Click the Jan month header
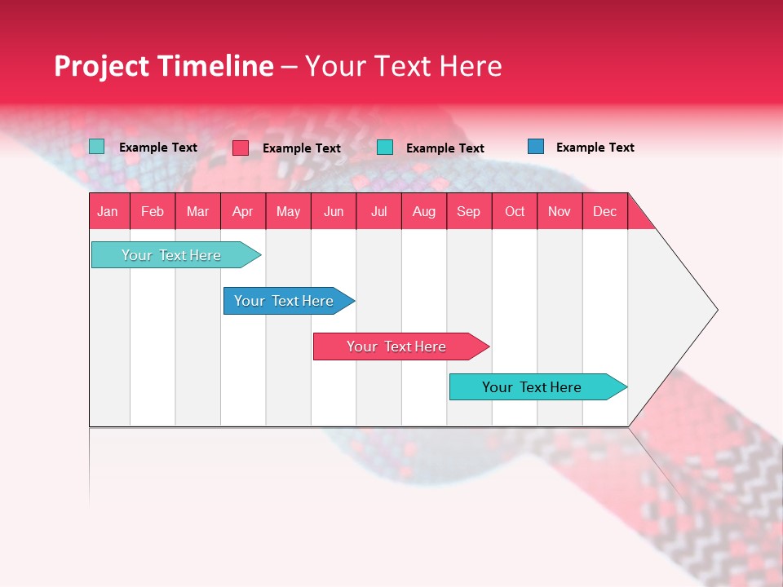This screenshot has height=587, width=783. (x=108, y=211)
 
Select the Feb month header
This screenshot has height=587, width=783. (x=153, y=211)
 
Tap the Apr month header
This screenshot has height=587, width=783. (x=243, y=211)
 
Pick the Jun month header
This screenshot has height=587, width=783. (x=334, y=211)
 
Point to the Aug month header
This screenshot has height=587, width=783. (x=424, y=211)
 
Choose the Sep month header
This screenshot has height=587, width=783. (x=469, y=211)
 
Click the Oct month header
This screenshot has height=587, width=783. (x=515, y=211)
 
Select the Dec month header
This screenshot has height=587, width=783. (x=605, y=211)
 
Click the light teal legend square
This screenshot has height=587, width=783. (x=97, y=147)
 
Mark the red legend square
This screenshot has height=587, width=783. (x=241, y=148)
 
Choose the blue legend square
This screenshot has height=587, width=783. (x=536, y=147)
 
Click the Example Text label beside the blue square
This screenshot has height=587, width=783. (x=595, y=148)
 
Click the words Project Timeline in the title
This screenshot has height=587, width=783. (x=164, y=66)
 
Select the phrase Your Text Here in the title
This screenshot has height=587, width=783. (x=403, y=66)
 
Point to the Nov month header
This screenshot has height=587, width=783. (x=560, y=211)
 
